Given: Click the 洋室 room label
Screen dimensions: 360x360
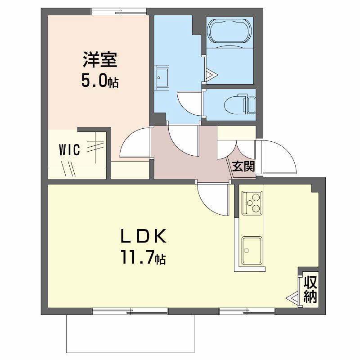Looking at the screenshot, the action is [x=100, y=60].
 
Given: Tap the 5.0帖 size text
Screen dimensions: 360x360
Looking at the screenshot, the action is [x=100, y=81].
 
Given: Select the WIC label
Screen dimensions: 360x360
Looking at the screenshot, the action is [x=70, y=150].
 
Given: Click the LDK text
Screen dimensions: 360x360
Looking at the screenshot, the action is [x=144, y=237].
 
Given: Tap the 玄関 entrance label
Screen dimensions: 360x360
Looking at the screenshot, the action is [x=243, y=166].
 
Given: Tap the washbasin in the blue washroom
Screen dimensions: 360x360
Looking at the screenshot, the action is [x=162, y=77].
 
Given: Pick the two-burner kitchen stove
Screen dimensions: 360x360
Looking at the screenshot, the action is [x=252, y=203].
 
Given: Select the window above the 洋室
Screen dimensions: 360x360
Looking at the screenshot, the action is [x=119, y=11].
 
